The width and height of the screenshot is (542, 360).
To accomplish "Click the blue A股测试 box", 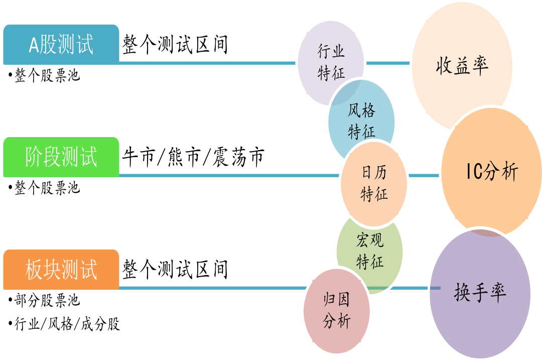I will pyautogui.click(x=61, y=44).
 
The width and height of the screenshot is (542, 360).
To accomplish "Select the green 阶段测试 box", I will pyautogui.click(x=61, y=157).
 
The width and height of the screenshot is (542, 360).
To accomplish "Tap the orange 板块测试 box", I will pyautogui.click(x=61, y=270).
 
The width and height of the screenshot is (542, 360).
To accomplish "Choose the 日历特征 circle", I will pyautogui.click(x=374, y=183).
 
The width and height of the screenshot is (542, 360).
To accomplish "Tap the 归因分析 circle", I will pyautogui.click(x=336, y=311).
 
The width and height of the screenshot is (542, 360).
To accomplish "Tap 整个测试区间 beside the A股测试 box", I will pyautogui.click(x=175, y=45).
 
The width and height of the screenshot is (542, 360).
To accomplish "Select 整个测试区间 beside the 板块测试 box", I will pyautogui.click(x=175, y=270).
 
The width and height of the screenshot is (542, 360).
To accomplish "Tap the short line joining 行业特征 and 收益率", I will pyautogui.click(x=388, y=63).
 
